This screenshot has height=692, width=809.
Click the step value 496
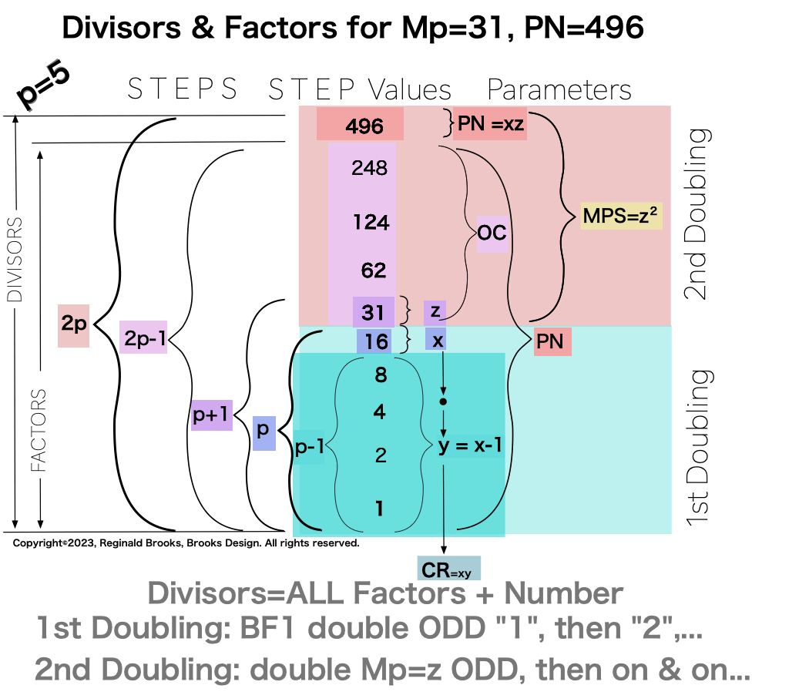click(x=361, y=125)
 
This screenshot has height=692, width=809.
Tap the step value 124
click(x=371, y=223)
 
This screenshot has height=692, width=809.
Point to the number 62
click(x=373, y=270)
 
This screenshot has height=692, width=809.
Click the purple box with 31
click(x=373, y=313)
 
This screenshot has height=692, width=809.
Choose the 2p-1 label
click(x=143, y=337)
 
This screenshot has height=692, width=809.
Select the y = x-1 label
click(x=470, y=446)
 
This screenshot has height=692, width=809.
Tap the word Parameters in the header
click(x=559, y=89)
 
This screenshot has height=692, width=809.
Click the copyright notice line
click(x=186, y=543)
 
